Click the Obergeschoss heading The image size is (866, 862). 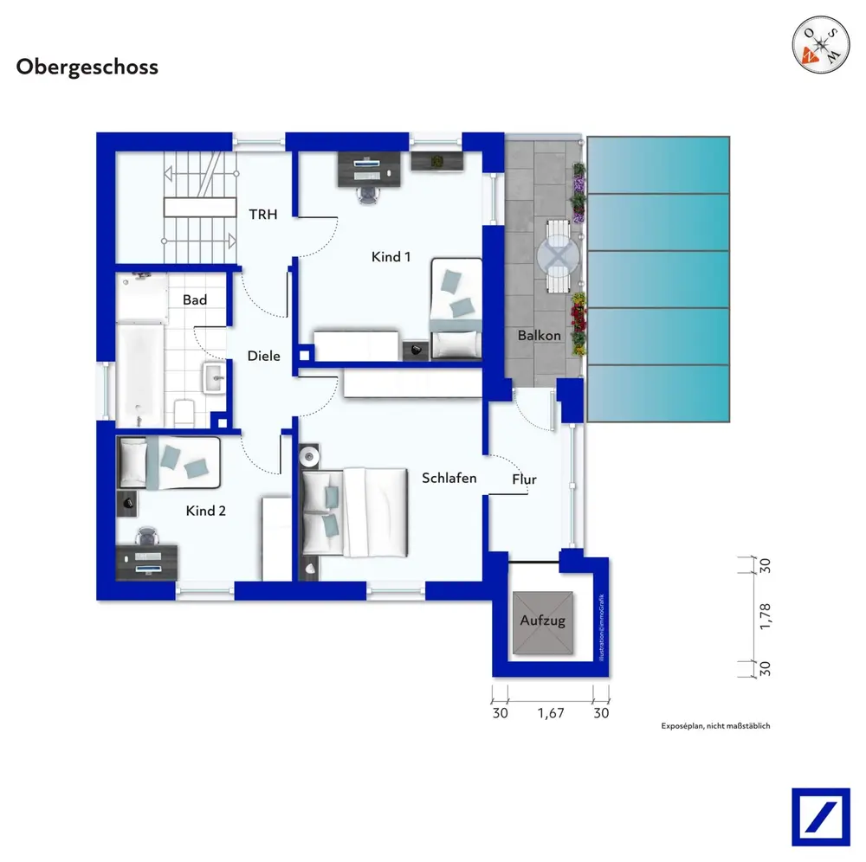coord(87,68)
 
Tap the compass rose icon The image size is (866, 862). coord(821,44)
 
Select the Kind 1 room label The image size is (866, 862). coord(391,257)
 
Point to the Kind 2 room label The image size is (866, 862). coord(205,511)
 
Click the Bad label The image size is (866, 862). coord(194,299)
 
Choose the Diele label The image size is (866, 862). coord(263,356)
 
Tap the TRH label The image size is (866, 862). coord(263,214)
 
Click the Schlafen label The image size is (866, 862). coord(449,478)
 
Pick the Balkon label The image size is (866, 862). coord(539,335)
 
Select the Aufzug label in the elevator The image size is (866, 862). coord(542,621)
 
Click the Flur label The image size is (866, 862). coord(524,479)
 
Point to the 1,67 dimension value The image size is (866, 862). coord(551,713)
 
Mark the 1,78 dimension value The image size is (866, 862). coord(765,616)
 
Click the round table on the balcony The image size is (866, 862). coord(559,257)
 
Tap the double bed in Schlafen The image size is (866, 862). coord(354,512)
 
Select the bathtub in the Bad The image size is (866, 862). coord(140,376)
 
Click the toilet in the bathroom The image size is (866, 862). coord(184,412)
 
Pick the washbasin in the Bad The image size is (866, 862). coord(214,378)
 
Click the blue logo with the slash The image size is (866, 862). coord(821,817)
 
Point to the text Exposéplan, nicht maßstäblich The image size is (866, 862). coord(715,726)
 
